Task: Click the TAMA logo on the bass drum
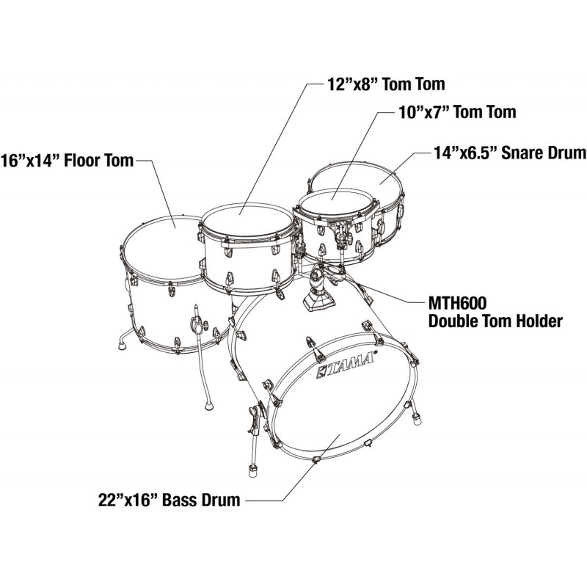pyautogui.click(x=347, y=365)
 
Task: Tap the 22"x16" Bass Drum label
pyautogui.click(x=169, y=501)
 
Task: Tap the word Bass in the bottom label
pyautogui.click(x=178, y=501)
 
